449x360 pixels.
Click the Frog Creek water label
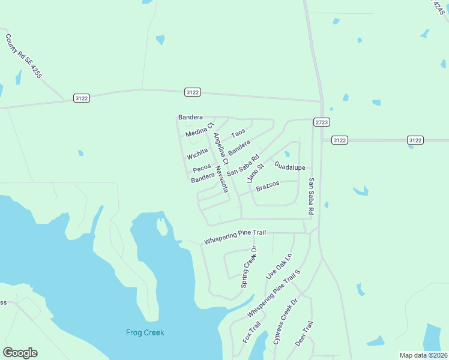145,332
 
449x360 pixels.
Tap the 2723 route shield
322,122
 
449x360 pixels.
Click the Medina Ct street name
200,130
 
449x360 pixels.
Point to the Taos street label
238,131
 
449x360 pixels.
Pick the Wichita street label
197,155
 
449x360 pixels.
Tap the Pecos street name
202,167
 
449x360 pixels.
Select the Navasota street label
222,179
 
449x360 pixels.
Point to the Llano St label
255,173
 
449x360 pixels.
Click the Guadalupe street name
290,166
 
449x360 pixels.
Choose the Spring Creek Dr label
249,267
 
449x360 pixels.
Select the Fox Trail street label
252,333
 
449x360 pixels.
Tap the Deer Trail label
304,334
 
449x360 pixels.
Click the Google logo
20,353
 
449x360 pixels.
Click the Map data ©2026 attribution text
424,355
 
